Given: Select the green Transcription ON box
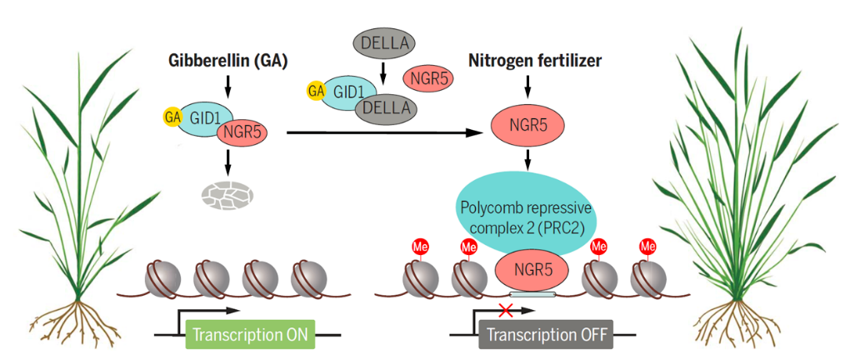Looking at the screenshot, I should point(251,336).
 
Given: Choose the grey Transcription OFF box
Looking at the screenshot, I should point(545,336).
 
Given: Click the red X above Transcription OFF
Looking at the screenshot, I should point(504,311).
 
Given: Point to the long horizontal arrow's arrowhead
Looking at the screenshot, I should point(482,132).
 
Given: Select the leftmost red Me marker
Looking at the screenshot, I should point(419,247).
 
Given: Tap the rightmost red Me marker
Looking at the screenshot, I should point(647,247).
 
